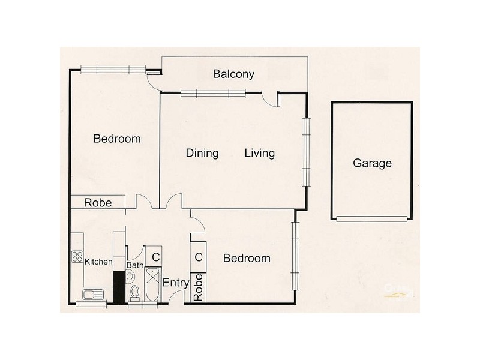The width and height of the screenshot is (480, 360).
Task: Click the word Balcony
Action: [233, 74]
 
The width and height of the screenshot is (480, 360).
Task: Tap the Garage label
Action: [372, 163]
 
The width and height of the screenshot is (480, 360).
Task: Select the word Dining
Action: [202, 153]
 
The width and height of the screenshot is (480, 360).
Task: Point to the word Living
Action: [260, 153]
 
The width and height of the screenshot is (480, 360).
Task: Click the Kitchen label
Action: [98, 262]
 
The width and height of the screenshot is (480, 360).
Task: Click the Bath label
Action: [134, 265]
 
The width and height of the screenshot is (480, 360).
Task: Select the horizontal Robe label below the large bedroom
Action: [97, 203]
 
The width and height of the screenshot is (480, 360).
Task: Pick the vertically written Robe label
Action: [198, 288]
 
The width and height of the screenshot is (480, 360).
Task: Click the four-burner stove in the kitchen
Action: [77, 257]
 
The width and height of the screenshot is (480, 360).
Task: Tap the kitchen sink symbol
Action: [93, 294]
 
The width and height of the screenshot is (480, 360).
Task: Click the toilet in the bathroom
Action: [135, 292]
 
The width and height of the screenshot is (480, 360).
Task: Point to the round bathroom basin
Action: [130, 276]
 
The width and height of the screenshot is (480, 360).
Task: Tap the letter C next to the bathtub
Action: [155, 257]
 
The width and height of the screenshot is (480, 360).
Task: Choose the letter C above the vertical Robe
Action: [198, 257]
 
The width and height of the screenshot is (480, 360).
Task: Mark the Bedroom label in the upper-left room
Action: [117, 139]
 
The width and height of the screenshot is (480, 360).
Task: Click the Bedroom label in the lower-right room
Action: [246, 259]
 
